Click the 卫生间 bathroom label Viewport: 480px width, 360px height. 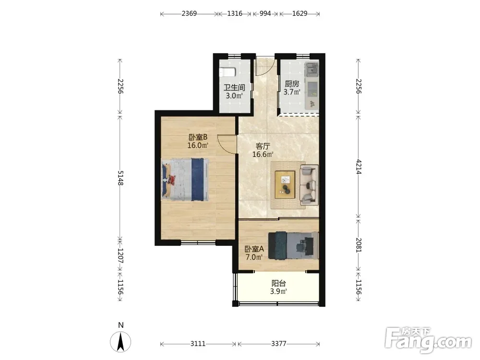234,87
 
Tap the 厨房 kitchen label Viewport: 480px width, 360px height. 292,84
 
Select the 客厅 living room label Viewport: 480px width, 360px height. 263,146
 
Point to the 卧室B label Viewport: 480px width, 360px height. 198,137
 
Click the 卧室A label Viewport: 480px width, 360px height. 254,249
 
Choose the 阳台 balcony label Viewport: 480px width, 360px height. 278,283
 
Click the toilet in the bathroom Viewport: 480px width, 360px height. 227,72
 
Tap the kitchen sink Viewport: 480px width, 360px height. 312,70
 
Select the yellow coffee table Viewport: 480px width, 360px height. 285,185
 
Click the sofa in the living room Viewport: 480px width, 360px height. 309,185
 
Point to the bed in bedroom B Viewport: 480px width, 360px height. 185,180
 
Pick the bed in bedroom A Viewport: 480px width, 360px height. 293,246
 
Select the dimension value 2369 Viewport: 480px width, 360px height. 189,13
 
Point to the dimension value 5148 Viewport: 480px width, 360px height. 120,178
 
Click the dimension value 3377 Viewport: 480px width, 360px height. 278,344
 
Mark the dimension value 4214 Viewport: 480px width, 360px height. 359,167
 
